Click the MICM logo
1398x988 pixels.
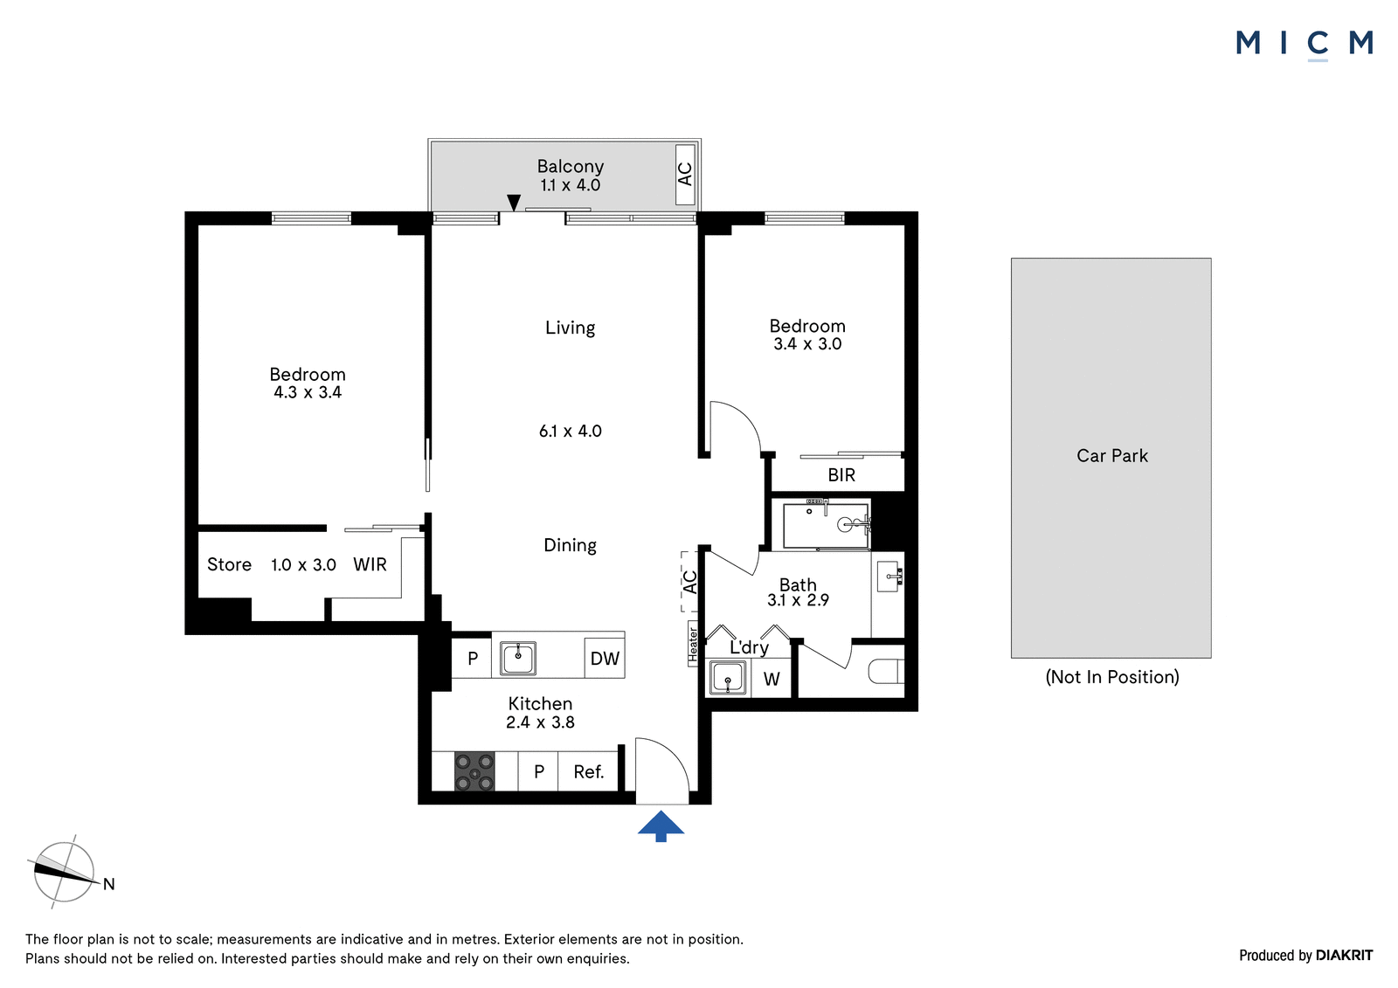1305,45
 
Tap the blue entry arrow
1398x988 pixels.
661,826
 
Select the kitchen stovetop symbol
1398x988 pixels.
474,771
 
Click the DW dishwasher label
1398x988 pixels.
605,658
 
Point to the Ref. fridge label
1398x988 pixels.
589,772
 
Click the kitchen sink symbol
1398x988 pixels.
517,658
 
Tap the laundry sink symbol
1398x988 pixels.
728,678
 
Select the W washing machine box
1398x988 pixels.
772,679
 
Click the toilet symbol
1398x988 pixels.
886,672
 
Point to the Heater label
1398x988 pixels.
692,644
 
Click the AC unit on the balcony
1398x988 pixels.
685,174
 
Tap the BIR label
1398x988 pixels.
841,475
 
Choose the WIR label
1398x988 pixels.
370,564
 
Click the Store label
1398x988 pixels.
229,564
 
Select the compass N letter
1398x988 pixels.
109,884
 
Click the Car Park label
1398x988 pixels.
1112,456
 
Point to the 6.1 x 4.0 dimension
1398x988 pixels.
570,431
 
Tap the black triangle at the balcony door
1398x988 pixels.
514,203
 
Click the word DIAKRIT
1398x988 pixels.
1345,955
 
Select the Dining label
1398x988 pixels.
570,545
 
